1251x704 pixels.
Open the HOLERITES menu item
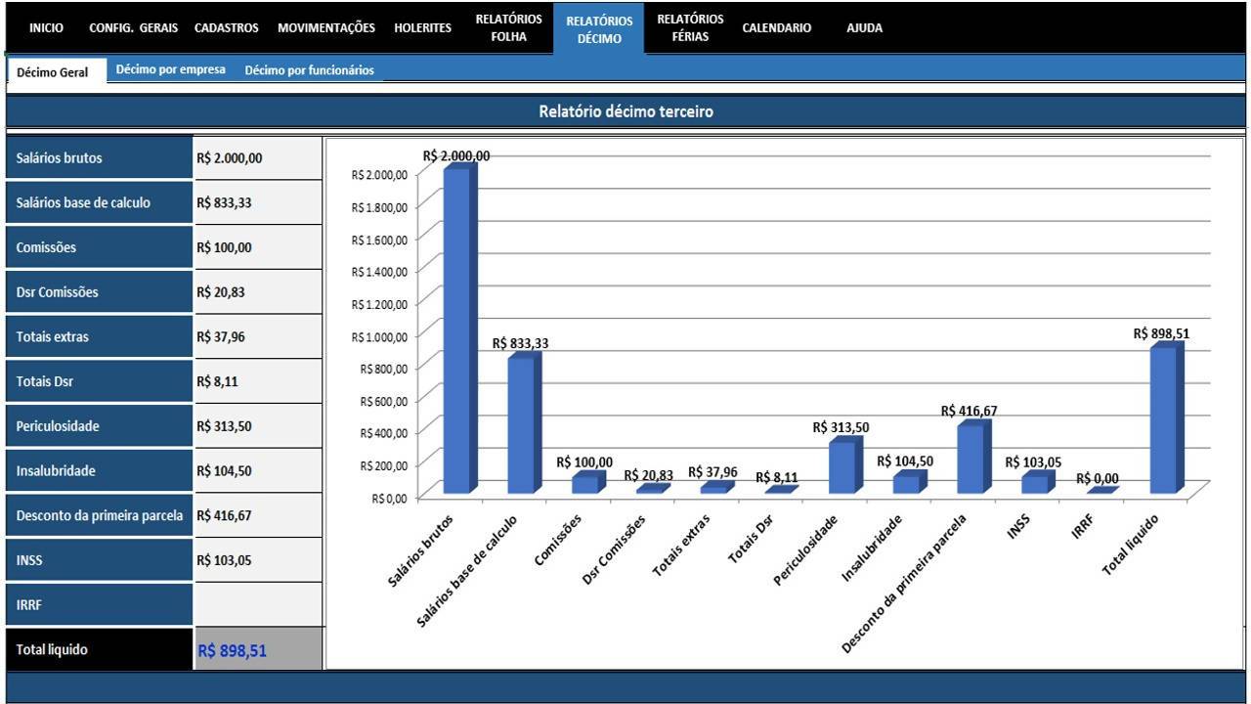[422, 28]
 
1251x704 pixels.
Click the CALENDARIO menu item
[776, 28]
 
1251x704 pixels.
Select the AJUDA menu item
[864, 28]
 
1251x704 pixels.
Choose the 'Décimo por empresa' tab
[170, 69]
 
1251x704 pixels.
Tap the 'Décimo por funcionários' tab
[310, 70]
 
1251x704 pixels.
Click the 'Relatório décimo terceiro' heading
[625, 111]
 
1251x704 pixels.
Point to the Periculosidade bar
[845, 465]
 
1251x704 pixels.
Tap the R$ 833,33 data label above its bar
[520, 343]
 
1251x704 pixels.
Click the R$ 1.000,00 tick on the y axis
[379, 336]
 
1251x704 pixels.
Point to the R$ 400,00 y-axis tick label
[384, 433]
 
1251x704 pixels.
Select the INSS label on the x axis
[1018, 527]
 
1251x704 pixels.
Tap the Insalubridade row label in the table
[56, 470]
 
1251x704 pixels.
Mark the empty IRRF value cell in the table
[258, 604]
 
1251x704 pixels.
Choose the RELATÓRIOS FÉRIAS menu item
[690, 28]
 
